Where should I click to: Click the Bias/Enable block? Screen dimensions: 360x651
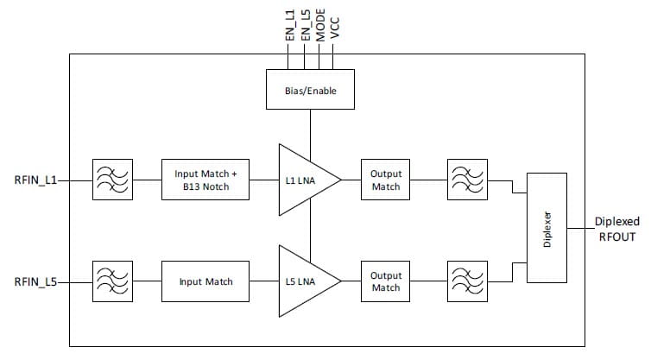click(310, 91)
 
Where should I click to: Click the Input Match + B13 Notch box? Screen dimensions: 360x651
click(205, 180)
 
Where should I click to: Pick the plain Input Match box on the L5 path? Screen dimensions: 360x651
click(205, 281)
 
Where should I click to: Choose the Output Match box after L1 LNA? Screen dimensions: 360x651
click(385, 180)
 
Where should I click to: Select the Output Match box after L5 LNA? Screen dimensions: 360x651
click(385, 281)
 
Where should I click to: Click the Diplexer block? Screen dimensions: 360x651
click(547, 226)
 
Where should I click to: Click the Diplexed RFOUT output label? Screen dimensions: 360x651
click(616, 228)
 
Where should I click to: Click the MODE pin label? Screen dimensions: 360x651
click(319, 24)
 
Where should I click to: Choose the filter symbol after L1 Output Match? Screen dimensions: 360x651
click(466, 180)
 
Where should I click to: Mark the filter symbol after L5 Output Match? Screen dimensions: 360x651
click(466, 281)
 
